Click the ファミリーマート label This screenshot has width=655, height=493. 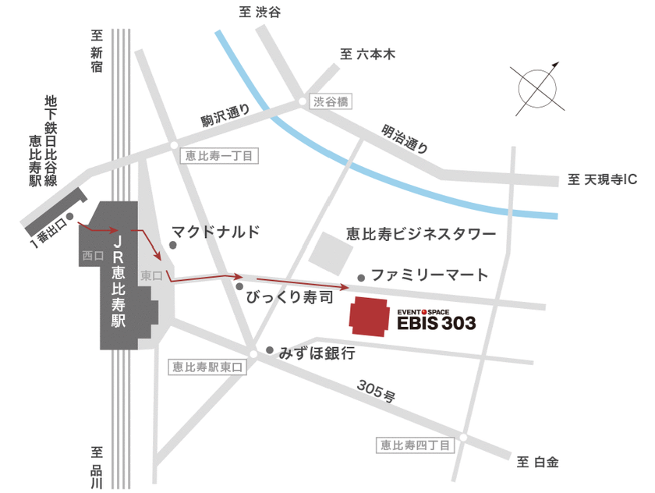(430, 275)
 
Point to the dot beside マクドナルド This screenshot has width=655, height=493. (173, 245)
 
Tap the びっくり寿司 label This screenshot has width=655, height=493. (289, 297)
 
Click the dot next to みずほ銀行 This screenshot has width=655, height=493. (270, 350)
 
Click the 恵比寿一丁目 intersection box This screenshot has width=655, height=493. (219, 155)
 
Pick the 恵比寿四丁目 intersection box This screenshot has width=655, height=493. (414, 445)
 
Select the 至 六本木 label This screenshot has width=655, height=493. (368, 55)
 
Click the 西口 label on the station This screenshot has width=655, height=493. (91, 255)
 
